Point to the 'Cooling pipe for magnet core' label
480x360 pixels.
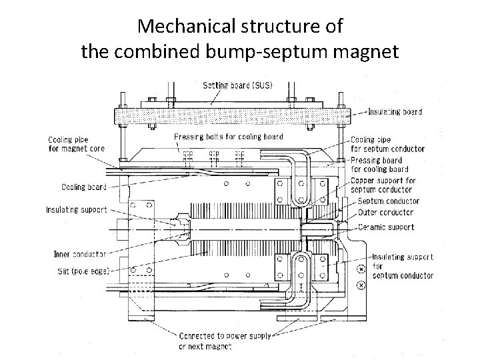(x=76, y=144)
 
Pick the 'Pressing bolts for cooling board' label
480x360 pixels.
(x=228, y=137)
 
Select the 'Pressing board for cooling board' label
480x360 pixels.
(x=385, y=165)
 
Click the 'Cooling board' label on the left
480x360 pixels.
(x=83, y=187)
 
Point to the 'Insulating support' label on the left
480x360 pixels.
(x=76, y=209)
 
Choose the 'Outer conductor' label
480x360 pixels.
(x=385, y=213)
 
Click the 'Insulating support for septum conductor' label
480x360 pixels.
(x=402, y=266)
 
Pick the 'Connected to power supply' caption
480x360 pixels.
(x=225, y=336)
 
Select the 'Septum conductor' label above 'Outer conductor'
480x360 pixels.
(x=388, y=201)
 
